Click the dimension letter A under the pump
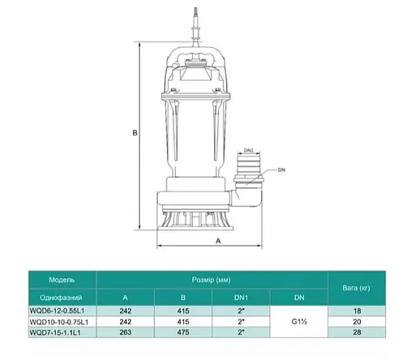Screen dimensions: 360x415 click(x=218, y=241)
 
